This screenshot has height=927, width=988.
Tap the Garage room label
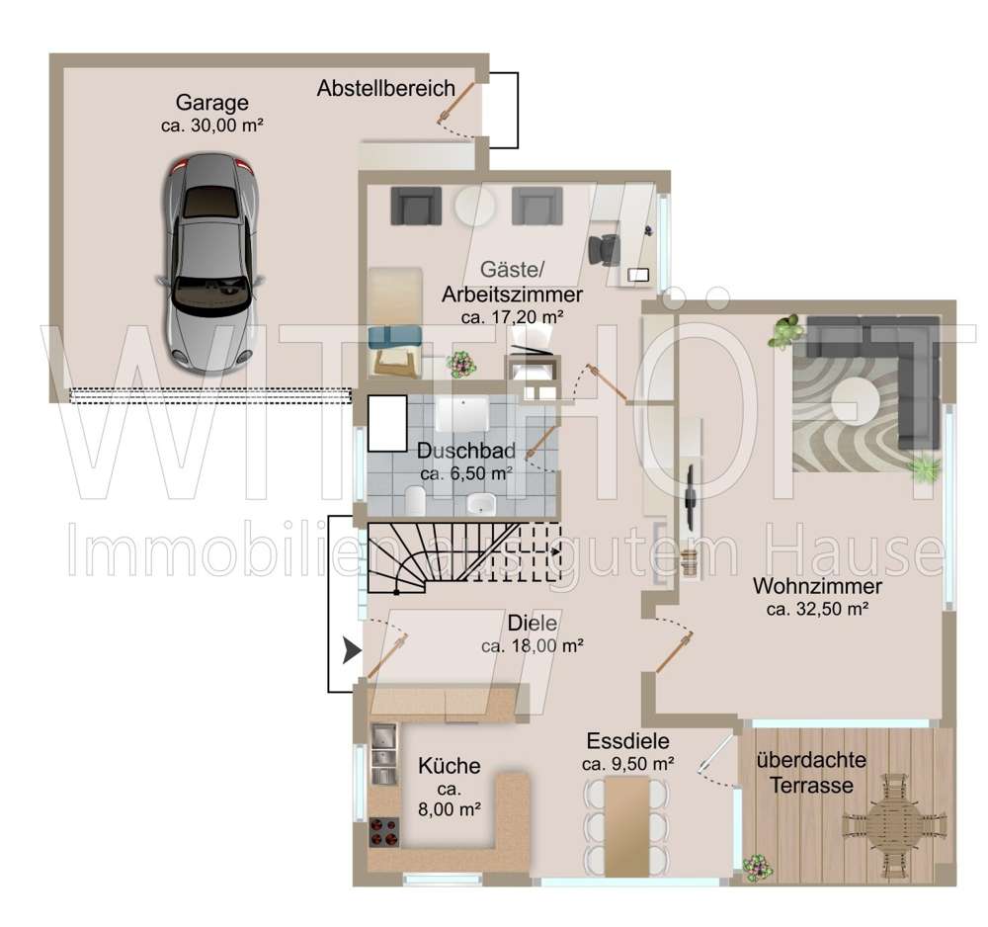pos(211,103)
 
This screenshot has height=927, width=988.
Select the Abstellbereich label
pos(385,89)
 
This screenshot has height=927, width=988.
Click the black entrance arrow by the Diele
pos(351,650)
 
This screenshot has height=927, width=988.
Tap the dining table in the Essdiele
pos(626,826)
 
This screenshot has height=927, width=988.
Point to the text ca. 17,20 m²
pos(512,317)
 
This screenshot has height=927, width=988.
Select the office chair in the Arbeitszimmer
pos(602,247)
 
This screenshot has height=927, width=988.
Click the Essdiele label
pos(627,741)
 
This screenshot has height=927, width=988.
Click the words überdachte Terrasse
pos(811,774)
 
